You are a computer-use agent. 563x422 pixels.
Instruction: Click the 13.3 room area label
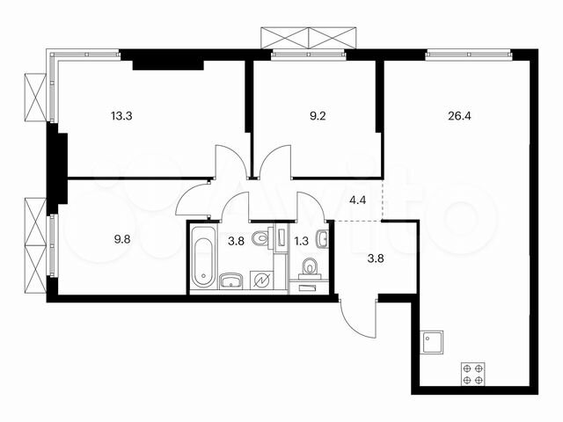coord(123,113)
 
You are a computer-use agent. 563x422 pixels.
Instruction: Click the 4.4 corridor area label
coord(358,200)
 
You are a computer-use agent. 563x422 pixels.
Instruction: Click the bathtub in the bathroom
coord(202,258)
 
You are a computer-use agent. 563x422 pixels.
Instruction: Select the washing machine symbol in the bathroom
coord(260,280)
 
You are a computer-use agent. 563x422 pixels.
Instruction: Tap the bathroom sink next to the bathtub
coord(230,280)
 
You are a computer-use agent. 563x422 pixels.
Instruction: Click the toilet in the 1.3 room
coord(308,266)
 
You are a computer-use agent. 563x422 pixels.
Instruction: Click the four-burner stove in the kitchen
coord(472,374)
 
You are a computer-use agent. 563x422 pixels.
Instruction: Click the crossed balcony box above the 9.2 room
coord(310,38)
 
